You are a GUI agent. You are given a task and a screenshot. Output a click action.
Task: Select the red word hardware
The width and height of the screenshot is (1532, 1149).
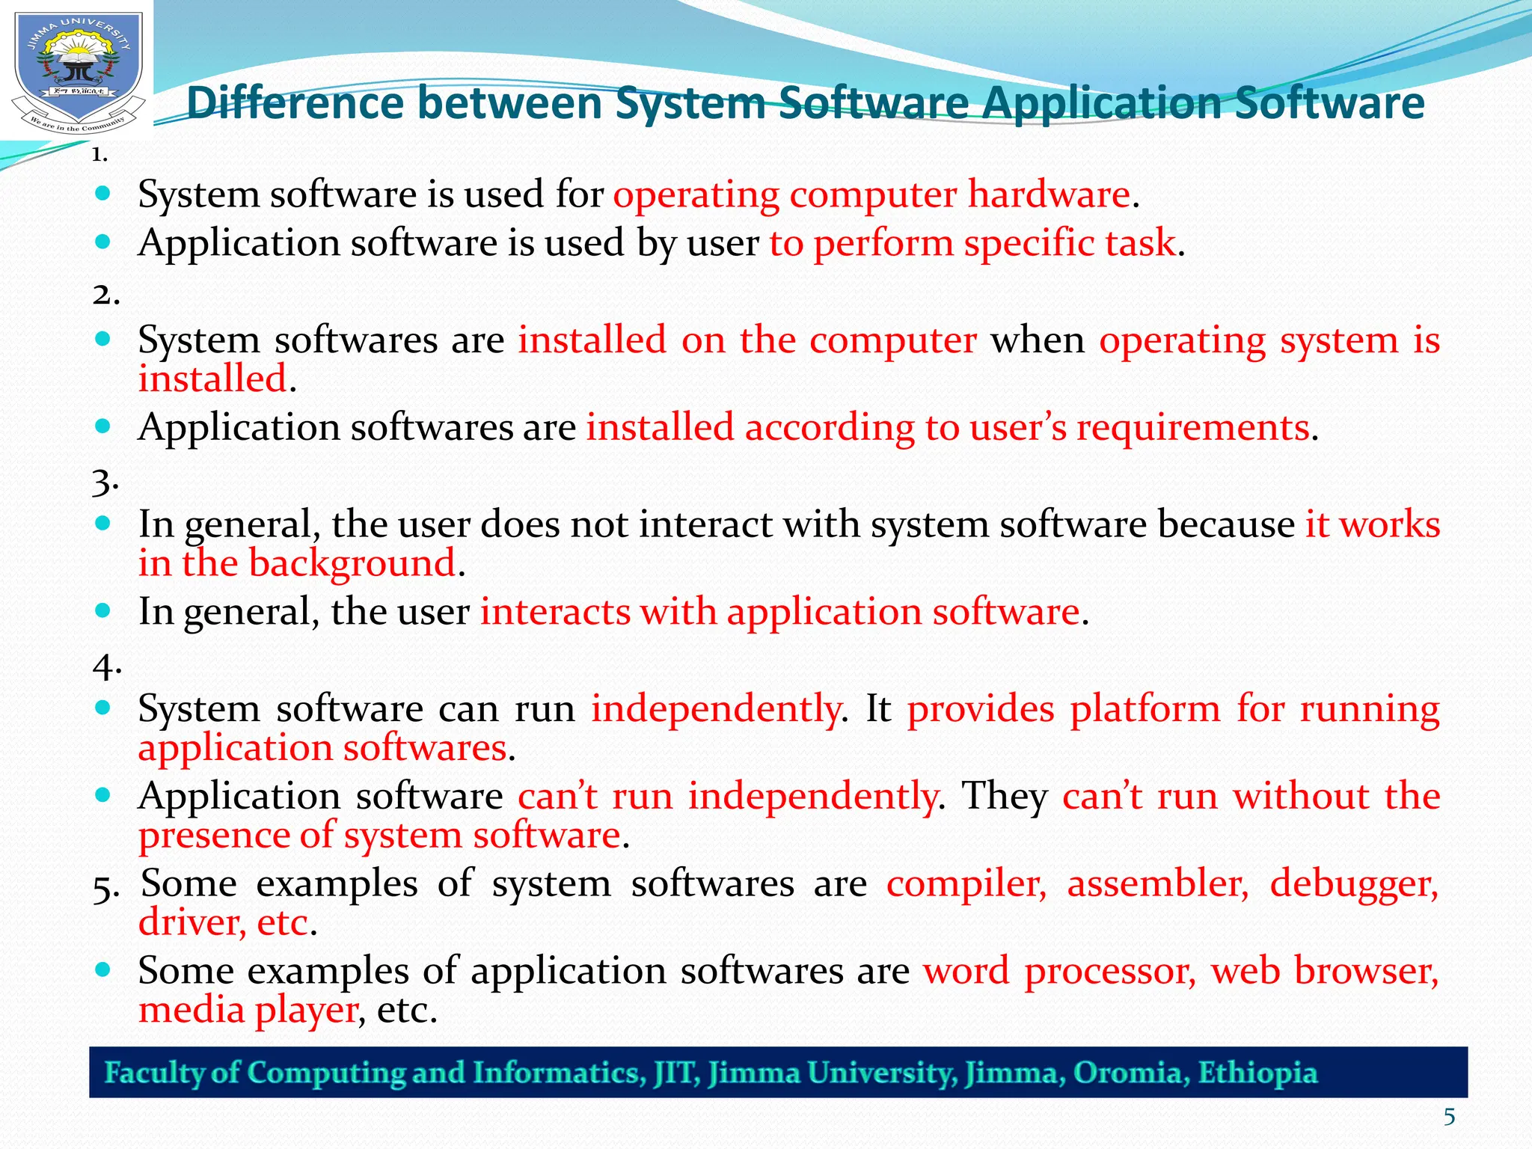pyautogui.click(x=1049, y=194)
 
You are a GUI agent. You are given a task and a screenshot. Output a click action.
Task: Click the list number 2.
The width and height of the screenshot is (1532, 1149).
pyautogui.click(x=105, y=295)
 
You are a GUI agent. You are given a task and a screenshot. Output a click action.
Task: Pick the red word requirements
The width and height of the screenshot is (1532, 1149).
pyautogui.click(x=1193, y=428)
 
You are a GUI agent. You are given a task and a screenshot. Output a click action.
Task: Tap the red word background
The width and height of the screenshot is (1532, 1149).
pyautogui.click(x=352, y=563)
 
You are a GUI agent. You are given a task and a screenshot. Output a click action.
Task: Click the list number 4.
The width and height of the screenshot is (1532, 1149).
pyautogui.click(x=105, y=666)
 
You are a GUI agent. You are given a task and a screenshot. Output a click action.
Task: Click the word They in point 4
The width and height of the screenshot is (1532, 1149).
pyautogui.click(x=1005, y=796)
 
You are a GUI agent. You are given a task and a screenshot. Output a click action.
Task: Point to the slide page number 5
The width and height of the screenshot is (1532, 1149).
pyautogui.click(x=1449, y=1118)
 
